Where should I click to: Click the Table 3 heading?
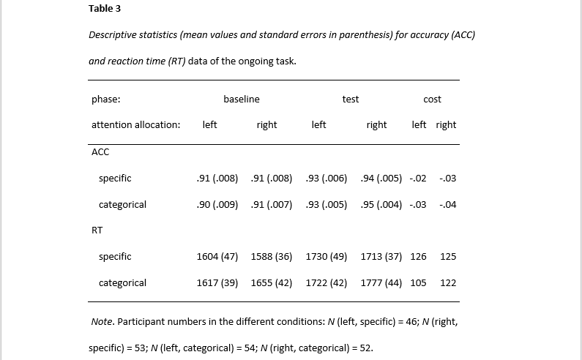[x=105, y=9]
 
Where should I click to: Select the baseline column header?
[x=242, y=99]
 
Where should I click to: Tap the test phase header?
[x=351, y=99]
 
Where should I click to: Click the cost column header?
[x=433, y=99]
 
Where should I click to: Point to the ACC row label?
[x=100, y=151]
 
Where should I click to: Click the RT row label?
[x=97, y=230]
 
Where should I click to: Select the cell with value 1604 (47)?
[x=217, y=256]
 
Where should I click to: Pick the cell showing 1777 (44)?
[x=381, y=282]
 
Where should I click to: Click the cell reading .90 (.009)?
[x=217, y=204]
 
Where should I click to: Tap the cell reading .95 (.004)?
[x=381, y=204]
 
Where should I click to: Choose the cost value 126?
[x=418, y=256]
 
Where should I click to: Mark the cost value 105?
[x=418, y=282]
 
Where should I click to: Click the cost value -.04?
[x=447, y=204]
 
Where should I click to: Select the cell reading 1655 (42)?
[x=272, y=282]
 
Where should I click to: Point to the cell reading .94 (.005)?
[x=381, y=178]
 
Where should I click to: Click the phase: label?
[x=105, y=99]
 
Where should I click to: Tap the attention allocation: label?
[x=136, y=124]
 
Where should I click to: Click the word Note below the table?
[x=102, y=321]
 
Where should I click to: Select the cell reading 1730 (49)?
[x=327, y=256]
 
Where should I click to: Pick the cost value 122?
[x=448, y=282]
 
